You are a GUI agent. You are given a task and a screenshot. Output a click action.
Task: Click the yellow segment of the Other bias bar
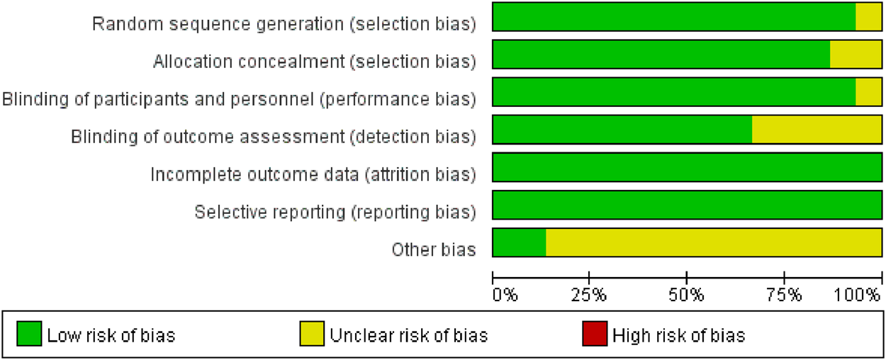point(713,242)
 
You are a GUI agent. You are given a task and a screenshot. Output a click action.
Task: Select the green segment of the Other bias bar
point(519,242)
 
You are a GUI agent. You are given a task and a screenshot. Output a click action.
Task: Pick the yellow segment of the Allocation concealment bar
point(856,55)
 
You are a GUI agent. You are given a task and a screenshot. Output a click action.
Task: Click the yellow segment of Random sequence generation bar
point(868,17)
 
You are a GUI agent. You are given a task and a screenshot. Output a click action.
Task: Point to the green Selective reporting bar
point(687,205)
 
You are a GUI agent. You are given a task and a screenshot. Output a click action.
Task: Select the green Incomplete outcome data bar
point(687,167)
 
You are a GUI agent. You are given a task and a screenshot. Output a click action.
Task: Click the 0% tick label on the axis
point(505,293)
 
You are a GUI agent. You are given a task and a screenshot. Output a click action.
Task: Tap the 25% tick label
point(590,293)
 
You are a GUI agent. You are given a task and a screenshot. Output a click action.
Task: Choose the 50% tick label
point(687,293)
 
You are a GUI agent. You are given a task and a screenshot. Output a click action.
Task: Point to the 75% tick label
point(784,293)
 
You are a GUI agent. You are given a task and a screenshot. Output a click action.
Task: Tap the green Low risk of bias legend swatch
point(29,334)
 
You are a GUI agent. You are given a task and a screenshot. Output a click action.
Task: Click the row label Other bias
point(433,249)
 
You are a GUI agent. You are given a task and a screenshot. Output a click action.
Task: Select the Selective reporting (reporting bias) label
point(335,212)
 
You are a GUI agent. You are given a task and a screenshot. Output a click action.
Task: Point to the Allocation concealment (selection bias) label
point(314,62)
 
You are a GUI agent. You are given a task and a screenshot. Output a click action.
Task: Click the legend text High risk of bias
point(679,334)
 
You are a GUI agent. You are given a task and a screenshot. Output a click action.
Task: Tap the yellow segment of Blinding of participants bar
point(868,92)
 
